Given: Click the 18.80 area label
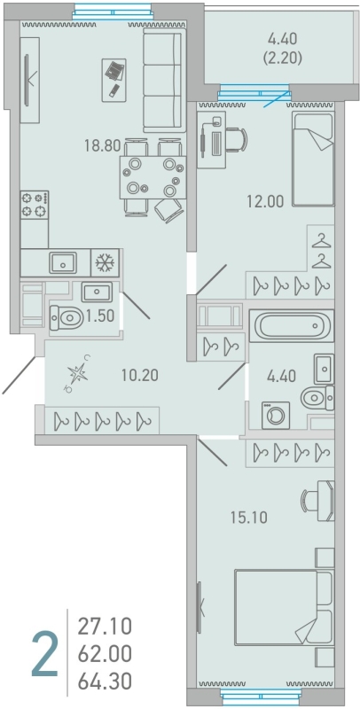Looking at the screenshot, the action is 103,145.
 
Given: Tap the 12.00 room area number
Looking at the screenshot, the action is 265,201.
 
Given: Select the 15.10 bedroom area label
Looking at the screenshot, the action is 249,518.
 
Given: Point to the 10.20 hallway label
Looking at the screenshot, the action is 140,374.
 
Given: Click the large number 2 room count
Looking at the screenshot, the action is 45,655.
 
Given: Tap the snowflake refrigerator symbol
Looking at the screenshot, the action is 105,262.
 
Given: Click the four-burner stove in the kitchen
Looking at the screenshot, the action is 35,205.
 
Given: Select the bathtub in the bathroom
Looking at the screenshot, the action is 291,324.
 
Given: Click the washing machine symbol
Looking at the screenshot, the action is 275,415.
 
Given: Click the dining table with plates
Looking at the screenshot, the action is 153,177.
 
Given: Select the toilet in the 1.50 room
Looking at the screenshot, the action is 67,317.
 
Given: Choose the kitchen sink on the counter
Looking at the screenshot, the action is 63,262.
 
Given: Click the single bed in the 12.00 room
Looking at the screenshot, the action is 313,159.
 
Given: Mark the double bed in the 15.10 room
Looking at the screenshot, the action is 284,608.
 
